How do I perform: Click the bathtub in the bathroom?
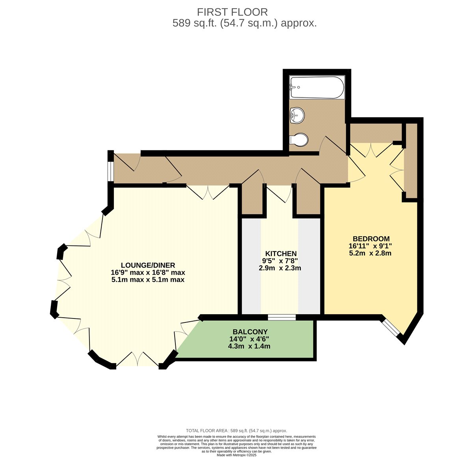[x=317, y=88]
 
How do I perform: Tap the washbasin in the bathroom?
[x=297, y=115]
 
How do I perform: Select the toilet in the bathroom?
[x=299, y=140]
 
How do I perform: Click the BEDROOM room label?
[x=371, y=238]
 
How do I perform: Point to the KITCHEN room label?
[x=281, y=254]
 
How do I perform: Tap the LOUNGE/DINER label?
[x=148, y=265]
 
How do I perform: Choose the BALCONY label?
[x=250, y=332]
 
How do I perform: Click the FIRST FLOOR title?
[x=232, y=12]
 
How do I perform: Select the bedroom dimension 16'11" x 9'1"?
[x=371, y=246]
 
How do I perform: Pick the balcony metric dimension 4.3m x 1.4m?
[x=249, y=346]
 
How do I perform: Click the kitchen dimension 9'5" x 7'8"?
[x=280, y=261]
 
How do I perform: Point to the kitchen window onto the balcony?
[x=282, y=317]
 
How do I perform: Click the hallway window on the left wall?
[x=111, y=171]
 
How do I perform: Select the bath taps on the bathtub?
[x=294, y=87]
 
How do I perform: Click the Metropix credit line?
[x=236, y=455]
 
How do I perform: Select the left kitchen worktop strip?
[x=251, y=266]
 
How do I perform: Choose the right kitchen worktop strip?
[x=309, y=266]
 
